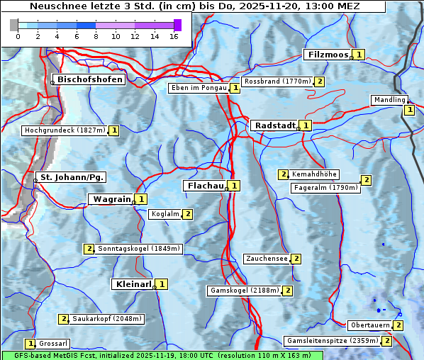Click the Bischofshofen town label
(90, 79)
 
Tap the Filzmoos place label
(328, 55)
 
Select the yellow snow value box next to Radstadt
(306, 125)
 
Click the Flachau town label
(204, 186)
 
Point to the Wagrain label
(111, 199)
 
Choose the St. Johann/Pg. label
(72, 176)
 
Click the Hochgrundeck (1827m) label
(65, 130)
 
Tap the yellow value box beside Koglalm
(187, 214)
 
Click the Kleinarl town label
(132, 284)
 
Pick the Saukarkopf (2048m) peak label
(107, 319)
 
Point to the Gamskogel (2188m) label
(244, 291)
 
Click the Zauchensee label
(266, 259)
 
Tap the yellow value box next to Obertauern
(398, 325)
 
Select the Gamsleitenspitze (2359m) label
(331, 341)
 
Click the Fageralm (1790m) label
(325, 188)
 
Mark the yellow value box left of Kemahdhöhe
(283, 174)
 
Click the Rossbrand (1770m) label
(277, 81)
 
